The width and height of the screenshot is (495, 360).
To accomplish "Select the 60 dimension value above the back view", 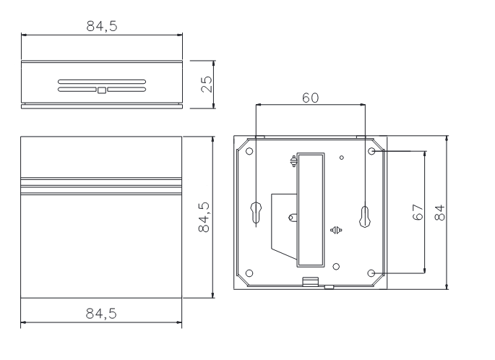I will click(311, 98).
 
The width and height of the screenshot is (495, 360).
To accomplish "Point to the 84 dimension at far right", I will click(440, 214).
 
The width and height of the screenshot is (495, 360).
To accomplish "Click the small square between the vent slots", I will click(101, 90).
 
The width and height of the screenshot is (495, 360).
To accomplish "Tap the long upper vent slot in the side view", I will click(101, 82).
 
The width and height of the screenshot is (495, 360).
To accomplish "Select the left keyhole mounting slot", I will click(257, 213).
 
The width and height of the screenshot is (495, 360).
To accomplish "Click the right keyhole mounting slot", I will click(365, 214).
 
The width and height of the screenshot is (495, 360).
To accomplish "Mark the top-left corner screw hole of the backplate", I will click(249, 152).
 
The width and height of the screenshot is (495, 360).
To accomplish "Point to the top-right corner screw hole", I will click(372, 152).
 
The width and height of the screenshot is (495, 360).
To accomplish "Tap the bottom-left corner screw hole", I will click(249, 273).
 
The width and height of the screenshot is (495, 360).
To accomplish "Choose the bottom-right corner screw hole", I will click(372, 273).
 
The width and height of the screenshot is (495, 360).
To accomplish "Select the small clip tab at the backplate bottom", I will click(310, 282).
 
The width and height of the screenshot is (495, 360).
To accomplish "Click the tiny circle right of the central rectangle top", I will click(342, 157).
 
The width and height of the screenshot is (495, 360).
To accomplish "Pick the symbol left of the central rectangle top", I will click(293, 162).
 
